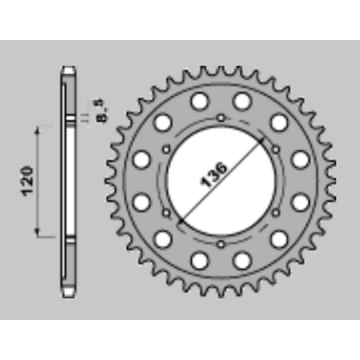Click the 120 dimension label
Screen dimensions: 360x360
click(x=27, y=181)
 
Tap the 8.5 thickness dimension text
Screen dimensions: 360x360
click(x=101, y=111)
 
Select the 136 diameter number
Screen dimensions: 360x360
click(x=213, y=175)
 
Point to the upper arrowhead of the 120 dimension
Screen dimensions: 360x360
click(x=37, y=131)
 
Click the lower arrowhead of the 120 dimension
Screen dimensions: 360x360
click(x=37, y=232)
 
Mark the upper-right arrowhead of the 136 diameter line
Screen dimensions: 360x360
click(x=261, y=140)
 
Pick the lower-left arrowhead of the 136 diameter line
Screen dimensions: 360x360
click(x=181, y=221)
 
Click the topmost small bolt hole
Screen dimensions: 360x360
click(x=221, y=118)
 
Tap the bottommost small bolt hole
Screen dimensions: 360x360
click(x=221, y=244)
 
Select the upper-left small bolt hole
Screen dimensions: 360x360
click(x=166, y=149)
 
